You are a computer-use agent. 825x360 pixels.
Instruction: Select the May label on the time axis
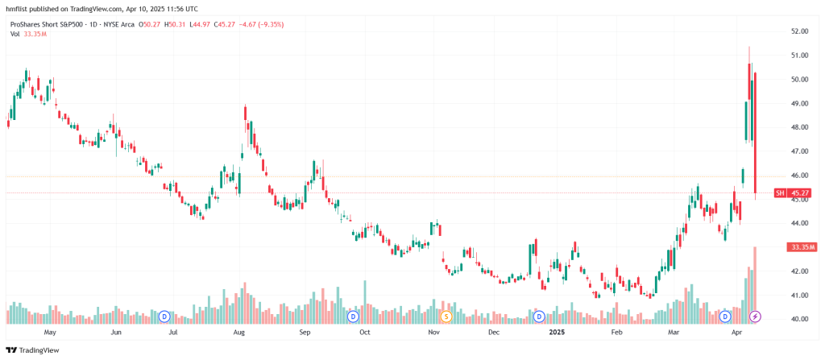pyautogui.click(x=49, y=332)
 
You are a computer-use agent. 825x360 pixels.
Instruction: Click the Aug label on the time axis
pyautogui.click(x=239, y=332)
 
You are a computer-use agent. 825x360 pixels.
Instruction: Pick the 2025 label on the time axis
pyautogui.click(x=556, y=332)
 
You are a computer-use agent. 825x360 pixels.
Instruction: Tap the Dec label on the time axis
pyautogui.click(x=494, y=332)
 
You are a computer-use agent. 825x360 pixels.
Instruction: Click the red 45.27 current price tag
pyautogui.click(x=800, y=193)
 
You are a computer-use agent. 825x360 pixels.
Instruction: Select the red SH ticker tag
pyautogui.click(x=779, y=193)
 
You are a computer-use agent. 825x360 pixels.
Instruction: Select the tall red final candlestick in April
pyautogui.click(x=755, y=133)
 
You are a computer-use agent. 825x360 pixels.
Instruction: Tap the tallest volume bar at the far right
pyautogui.click(x=755, y=282)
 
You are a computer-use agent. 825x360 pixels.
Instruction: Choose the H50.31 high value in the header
pyautogui.click(x=175, y=24)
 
